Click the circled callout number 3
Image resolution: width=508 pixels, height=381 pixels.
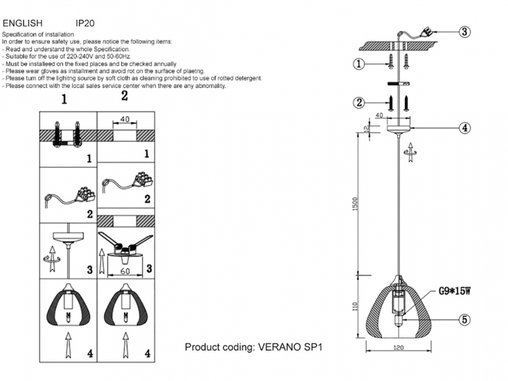coord(465,31)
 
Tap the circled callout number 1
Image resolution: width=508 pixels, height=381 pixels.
coord(358,64)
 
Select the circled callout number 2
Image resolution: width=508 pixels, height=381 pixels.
coord(358,103)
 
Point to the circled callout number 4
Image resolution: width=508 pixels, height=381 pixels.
coord(465,127)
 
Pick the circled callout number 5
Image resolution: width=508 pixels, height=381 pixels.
coord(465,319)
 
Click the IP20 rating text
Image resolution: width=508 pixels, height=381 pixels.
coord(85,23)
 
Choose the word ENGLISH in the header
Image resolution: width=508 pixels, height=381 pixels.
coord(23,23)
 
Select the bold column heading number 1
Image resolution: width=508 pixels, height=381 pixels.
coord(64,99)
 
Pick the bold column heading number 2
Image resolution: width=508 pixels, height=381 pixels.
coord(125,96)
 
